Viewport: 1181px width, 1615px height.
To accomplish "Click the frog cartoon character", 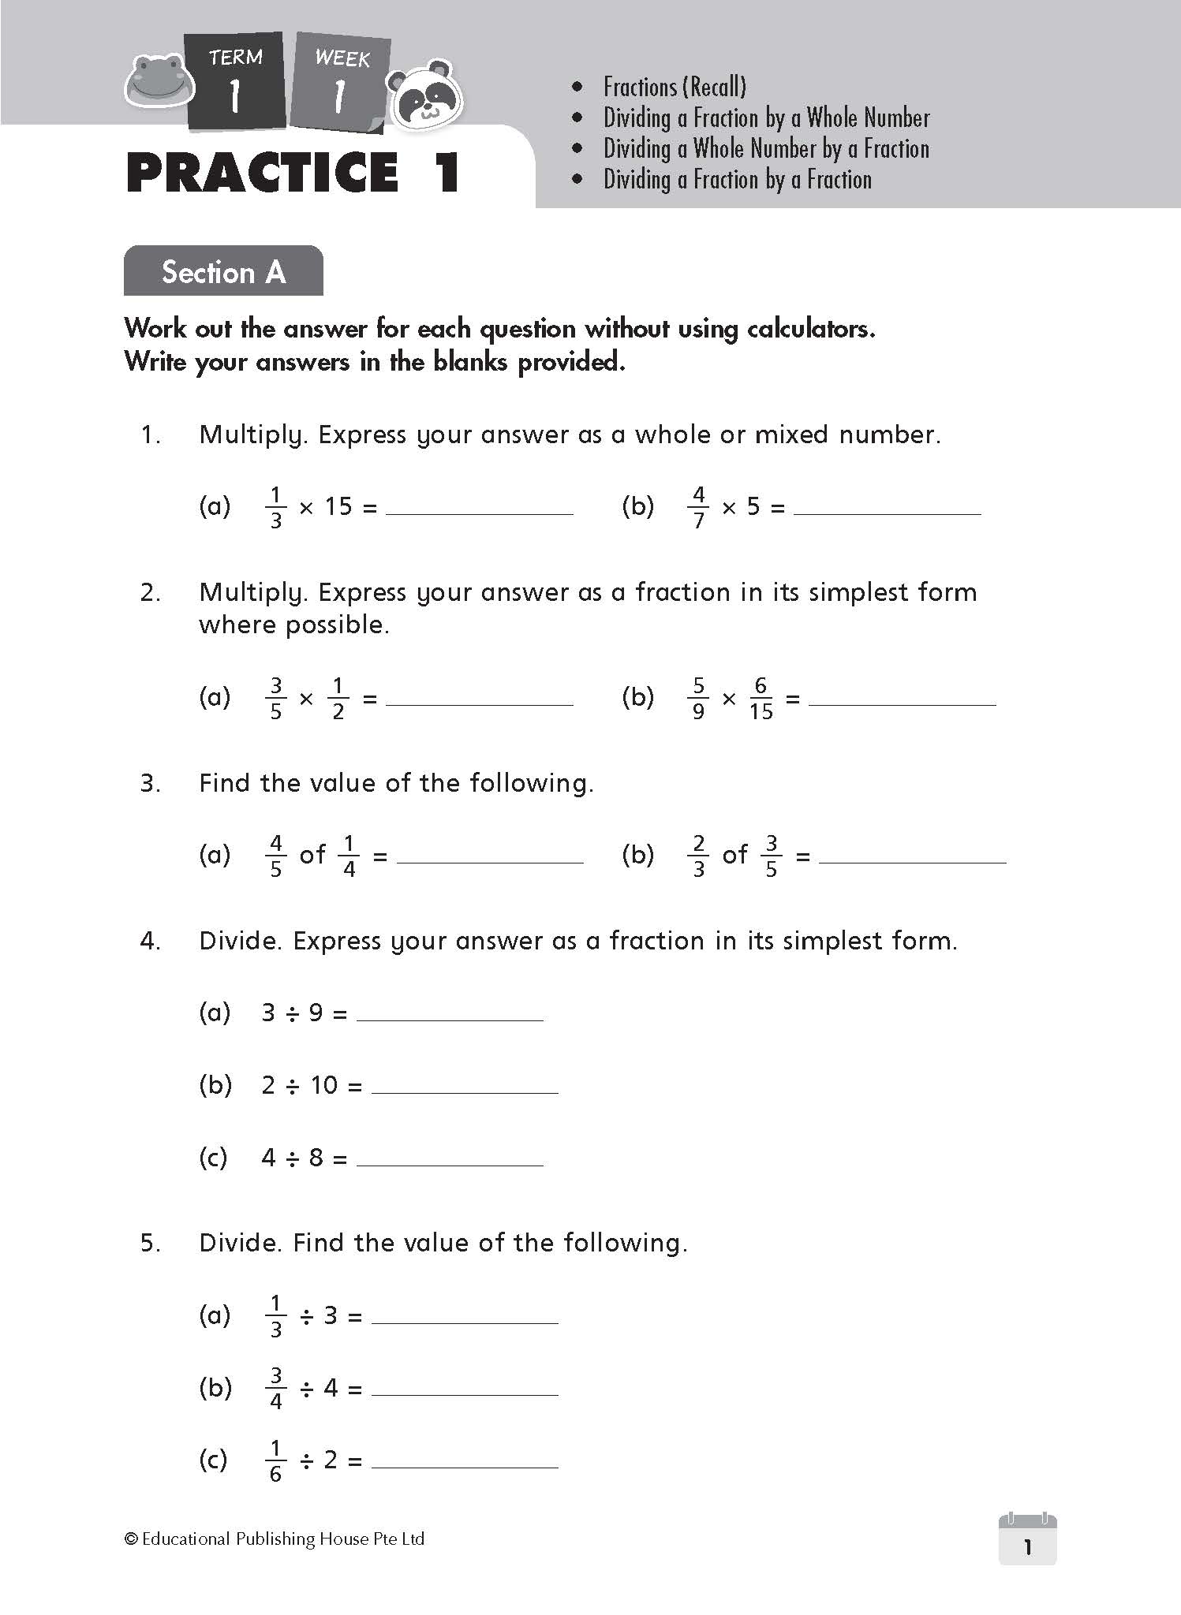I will click(159, 80).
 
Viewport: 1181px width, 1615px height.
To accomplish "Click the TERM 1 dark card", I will click(235, 80).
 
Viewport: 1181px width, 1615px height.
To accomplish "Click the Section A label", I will click(223, 271).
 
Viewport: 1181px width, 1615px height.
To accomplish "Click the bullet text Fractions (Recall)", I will click(675, 87).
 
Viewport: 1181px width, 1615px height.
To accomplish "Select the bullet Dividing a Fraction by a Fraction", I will click(738, 180).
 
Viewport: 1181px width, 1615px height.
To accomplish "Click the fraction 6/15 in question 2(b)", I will click(761, 698).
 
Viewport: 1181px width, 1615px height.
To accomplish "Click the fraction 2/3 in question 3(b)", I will click(698, 856).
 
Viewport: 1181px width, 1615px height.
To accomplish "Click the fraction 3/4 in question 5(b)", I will click(276, 1388).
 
